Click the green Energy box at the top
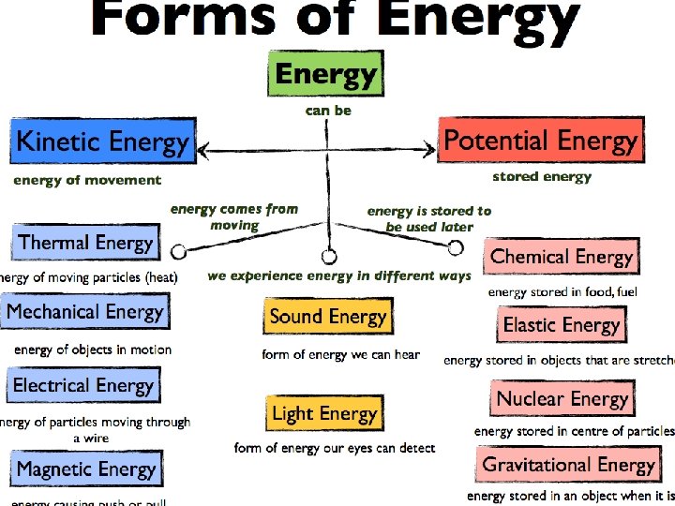(325, 73)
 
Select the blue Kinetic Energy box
(103, 142)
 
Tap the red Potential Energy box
(540, 141)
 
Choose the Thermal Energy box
(85, 243)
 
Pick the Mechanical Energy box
(84, 312)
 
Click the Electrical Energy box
(83, 385)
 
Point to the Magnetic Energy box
(84, 468)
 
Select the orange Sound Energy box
(327, 317)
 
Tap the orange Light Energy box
(324, 413)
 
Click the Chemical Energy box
(562, 257)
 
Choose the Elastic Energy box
(562, 325)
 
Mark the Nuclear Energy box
(562, 398)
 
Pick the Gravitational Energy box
(568, 465)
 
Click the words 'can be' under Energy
(328, 111)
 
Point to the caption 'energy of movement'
(87, 180)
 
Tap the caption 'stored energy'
(542, 176)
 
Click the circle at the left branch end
(177, 250)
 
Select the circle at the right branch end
(456, 247)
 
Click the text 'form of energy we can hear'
(340, 354)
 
